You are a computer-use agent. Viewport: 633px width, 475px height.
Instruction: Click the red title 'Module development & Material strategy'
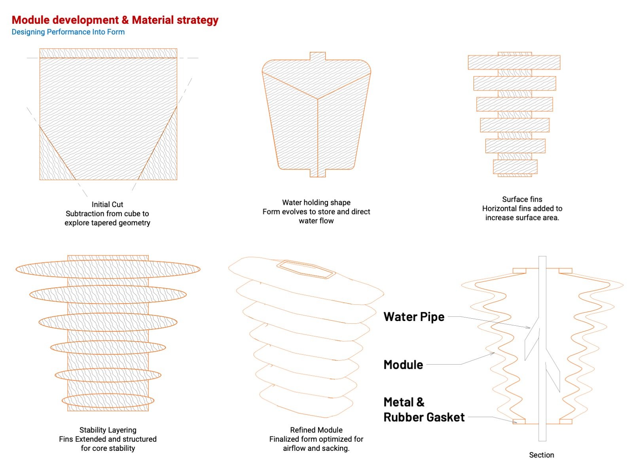[x=115, y=20]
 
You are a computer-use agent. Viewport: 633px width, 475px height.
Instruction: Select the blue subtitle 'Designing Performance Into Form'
[x=68, y=32]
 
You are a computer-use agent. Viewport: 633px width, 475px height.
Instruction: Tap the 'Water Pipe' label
[x=414, y=317]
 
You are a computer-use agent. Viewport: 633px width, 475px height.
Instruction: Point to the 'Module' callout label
[x=403, y=365]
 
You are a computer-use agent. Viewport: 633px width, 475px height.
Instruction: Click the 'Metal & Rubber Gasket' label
[x=424, y=410]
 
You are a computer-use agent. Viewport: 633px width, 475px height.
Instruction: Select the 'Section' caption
[x=541, y=455]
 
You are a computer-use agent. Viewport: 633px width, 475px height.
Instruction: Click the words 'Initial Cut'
[x=107, y=205]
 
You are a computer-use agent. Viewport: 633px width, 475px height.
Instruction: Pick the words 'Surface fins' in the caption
[x=522, y=199]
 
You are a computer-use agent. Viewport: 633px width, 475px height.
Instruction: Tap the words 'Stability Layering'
[x=108, y=430]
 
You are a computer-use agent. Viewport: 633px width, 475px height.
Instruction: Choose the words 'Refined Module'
[x=316, y=430]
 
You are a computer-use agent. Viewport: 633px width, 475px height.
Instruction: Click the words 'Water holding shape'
[x=316, y=202]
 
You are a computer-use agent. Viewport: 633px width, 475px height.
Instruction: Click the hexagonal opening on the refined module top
[x=306, y=270]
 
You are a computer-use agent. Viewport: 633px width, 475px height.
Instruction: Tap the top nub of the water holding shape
[x=318, y=56]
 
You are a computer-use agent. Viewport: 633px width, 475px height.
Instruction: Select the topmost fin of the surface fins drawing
[x=514, y=62]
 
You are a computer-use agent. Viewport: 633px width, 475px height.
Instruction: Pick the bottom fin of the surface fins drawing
[x=515, y=167]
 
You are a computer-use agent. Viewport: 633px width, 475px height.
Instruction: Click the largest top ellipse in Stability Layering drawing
[x=108, y=269]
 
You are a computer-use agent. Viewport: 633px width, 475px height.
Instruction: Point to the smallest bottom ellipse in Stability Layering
[x=108, y=401]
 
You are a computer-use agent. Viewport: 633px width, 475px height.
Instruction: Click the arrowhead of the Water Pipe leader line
[x=528, y=327]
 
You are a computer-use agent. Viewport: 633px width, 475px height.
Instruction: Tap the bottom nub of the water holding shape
[x=318, y=173]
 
